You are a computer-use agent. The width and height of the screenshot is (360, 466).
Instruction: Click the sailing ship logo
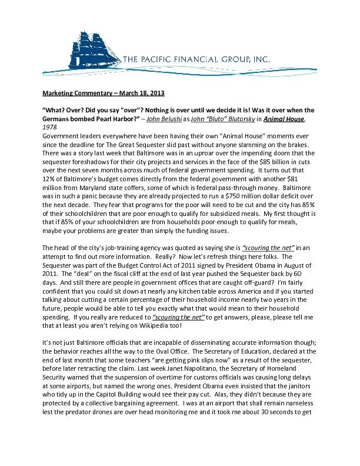click(94, 44)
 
